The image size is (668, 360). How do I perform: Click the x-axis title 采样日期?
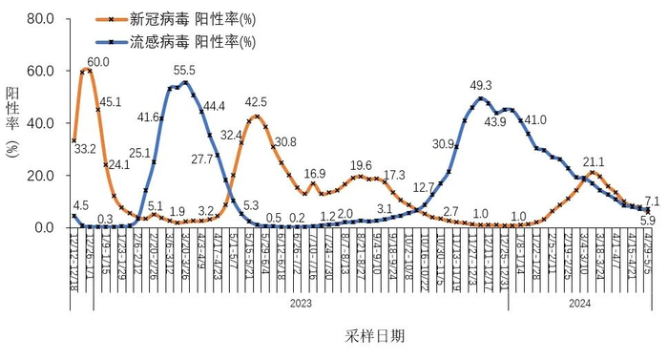pyautogui.click(x=374, y=336)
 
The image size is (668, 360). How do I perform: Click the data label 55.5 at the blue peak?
pyautogui.click(x=185, y=71)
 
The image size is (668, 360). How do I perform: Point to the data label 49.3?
pyautogui.click(x=481, y=85)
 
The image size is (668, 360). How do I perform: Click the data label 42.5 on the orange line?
pyautogui.click(x=256, y=102)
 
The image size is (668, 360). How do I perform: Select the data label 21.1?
pyautogui.click(x=594, y=161)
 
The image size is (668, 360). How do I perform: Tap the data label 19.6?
pyautogui.click(x=362, y=165)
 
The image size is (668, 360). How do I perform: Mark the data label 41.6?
pyautogui.click(x=148, y=117)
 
